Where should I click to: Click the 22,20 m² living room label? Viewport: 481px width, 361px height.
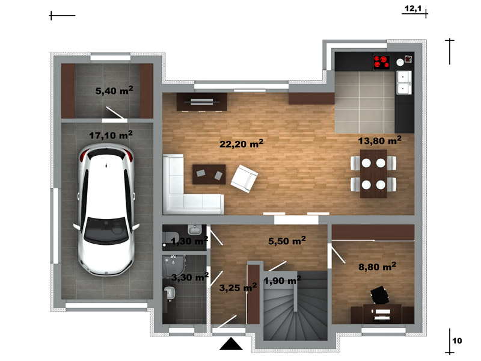click(242, 143)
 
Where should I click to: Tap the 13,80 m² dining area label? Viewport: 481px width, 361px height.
click(380, 140)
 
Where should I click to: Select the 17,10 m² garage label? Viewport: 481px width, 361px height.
click(111, 135)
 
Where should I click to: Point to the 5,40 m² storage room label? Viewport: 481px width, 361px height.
click(114, 90)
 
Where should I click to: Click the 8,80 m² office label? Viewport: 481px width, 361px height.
click(378, 267)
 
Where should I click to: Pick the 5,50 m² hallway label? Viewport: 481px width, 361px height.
click(287, 241)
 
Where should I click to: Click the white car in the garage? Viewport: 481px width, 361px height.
click(106, 210)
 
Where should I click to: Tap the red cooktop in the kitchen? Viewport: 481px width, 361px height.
click(381, 63)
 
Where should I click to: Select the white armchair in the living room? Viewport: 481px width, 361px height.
click(244, 179)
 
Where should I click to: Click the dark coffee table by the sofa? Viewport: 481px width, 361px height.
click(209, 174)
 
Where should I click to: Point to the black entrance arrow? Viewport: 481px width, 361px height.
click(231, 344)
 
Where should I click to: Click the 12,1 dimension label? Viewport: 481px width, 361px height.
click(413, 8)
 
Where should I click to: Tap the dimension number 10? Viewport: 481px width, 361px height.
click(457, 341)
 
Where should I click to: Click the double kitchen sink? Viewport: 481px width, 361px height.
click(403, 82)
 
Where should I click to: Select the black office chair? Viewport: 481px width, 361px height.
click(380, 295)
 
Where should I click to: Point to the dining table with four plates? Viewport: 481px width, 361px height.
click(373, 174)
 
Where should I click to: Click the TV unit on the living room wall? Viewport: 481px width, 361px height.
click(201, 102)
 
